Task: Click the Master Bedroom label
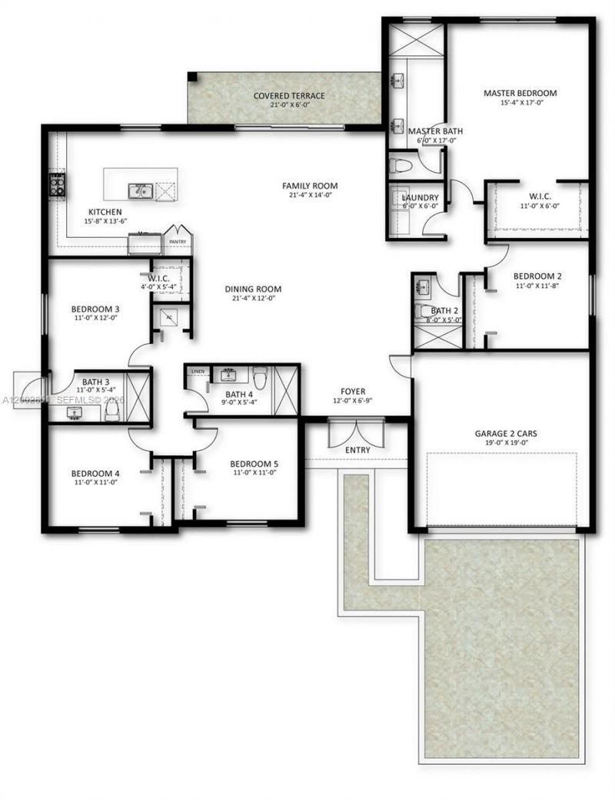pos(520,93)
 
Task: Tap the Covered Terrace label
pos(289,96)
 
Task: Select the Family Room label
pos(310,186)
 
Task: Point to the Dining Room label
pos(253,289)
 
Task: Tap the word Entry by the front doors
pos(357,450)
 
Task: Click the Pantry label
pos(178,241)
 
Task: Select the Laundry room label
pos(421,197)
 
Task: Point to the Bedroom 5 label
pos(254,464)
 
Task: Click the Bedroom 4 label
pos(95,473)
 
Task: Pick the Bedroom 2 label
pos(537,276)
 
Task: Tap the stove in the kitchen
pos(58,183)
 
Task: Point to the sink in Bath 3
pos(75,413)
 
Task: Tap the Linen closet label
pos(198,372)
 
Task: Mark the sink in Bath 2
pos(424,288)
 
